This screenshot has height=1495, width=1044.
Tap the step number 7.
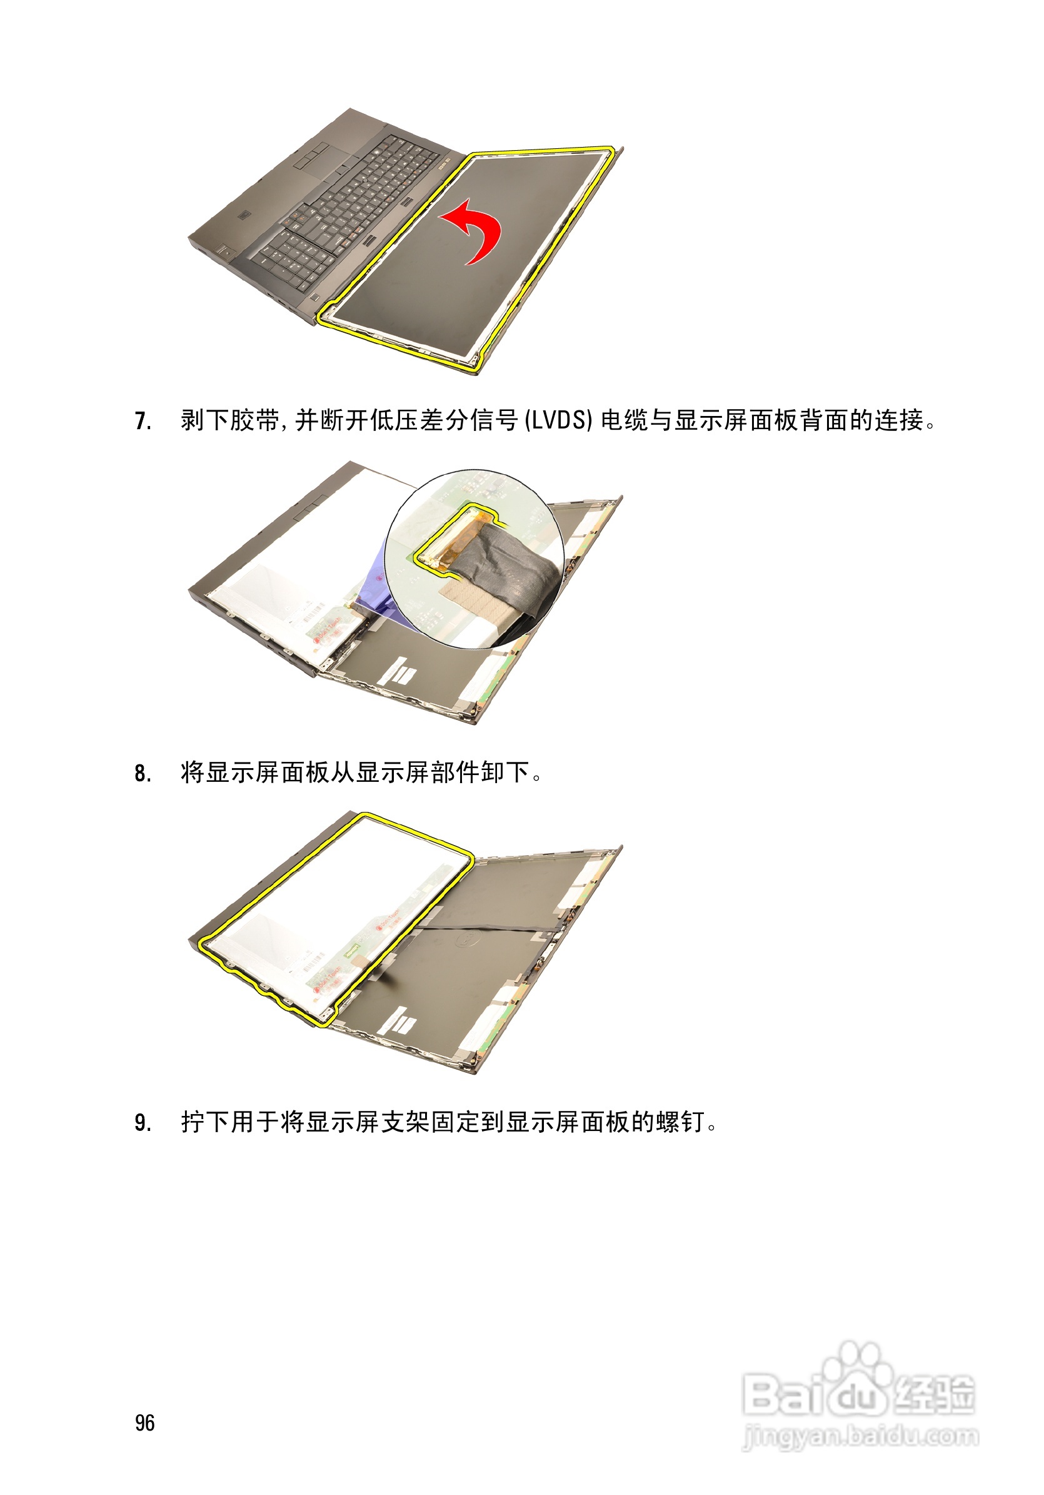[143, 421]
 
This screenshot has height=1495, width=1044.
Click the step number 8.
[143, 773]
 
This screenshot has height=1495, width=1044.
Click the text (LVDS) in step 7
[558, 420]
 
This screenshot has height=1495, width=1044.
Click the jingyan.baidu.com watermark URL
[860, 1435]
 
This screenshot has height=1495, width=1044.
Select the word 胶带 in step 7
[254, 420]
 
